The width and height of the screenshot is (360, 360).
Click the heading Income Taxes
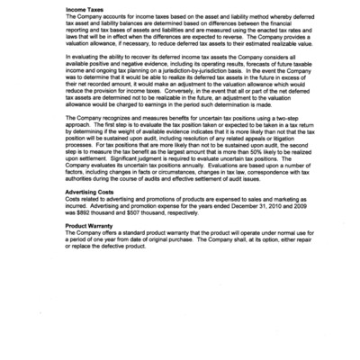click(83, 10)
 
